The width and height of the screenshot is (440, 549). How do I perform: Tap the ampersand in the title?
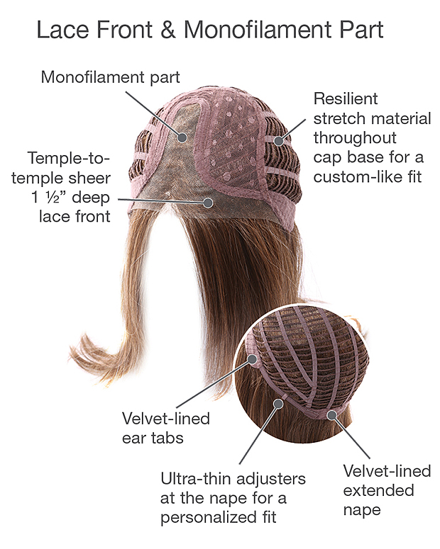168,30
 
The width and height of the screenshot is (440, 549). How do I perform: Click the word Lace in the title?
62,30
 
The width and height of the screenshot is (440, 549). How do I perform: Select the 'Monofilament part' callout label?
110,77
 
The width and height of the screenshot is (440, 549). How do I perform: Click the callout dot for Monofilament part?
182,137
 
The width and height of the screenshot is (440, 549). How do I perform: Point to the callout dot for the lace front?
209,203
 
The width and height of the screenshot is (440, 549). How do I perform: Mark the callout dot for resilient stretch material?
279,141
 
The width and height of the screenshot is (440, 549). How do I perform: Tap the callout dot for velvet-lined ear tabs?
252,358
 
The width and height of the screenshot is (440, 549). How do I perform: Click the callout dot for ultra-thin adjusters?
278,404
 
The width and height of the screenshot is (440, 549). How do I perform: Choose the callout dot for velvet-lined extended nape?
331,415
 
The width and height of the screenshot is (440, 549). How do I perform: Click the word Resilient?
346,98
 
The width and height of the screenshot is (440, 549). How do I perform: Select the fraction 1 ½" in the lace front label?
49,198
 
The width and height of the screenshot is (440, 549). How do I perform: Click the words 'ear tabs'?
153,438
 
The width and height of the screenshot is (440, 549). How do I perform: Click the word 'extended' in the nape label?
378,490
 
